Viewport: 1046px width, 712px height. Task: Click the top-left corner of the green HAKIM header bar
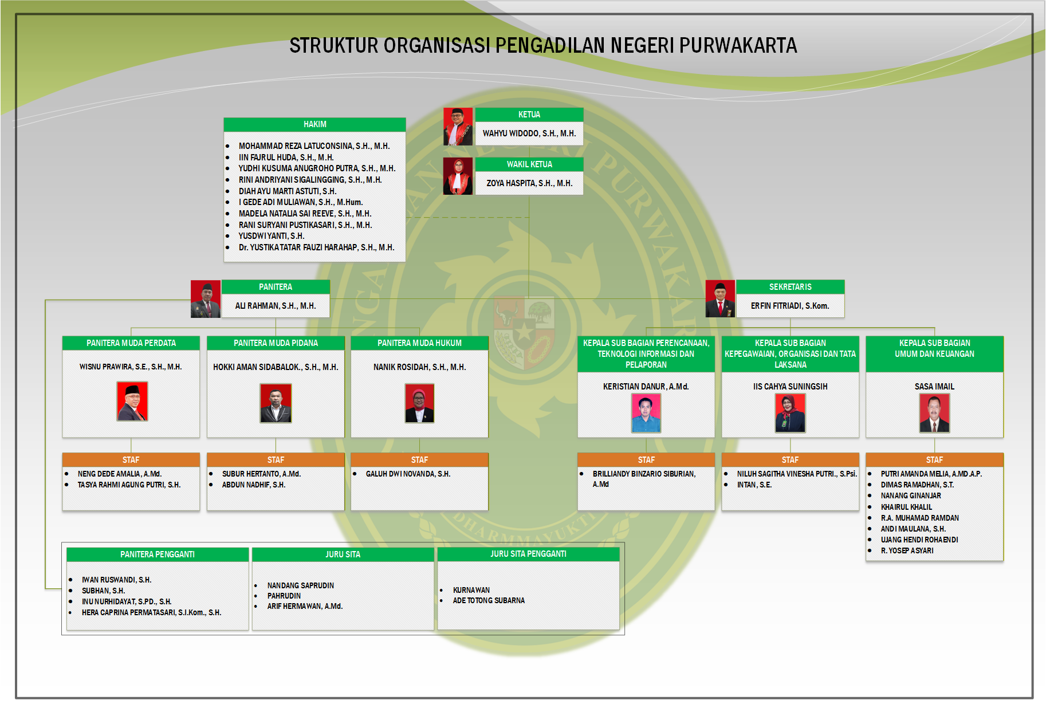[224, 118]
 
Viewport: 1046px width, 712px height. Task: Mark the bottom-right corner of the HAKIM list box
[406, 262]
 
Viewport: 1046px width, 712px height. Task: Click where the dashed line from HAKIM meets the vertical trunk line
[529, 217]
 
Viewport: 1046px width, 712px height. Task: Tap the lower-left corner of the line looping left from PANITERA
[46, 588]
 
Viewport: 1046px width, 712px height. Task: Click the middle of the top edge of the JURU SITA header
[343, 548]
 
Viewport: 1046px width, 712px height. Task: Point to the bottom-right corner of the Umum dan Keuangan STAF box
[1003, 560]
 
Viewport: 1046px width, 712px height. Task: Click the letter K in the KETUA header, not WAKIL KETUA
[521, 115]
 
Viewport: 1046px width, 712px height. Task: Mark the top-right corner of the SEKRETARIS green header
[844, 280]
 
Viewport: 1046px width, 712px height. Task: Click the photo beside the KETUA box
[458, 126]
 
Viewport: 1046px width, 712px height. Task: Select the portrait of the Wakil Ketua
[458, 176]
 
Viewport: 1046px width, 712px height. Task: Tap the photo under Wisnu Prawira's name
[132, 402]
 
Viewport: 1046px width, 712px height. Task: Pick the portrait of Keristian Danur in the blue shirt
[646, 413]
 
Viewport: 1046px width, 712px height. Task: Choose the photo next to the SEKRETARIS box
[720, 298]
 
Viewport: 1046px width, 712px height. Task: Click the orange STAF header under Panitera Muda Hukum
[419, 460]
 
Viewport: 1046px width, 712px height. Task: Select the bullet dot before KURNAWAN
[441, 590]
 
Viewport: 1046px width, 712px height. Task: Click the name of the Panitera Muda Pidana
[276, 367]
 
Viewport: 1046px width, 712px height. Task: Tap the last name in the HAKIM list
[316, 247]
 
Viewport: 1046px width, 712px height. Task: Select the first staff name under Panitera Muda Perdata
[120, 474]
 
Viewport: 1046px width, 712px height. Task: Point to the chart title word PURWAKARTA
[738, 45]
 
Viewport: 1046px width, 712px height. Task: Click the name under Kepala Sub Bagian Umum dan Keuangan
[934, 387]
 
